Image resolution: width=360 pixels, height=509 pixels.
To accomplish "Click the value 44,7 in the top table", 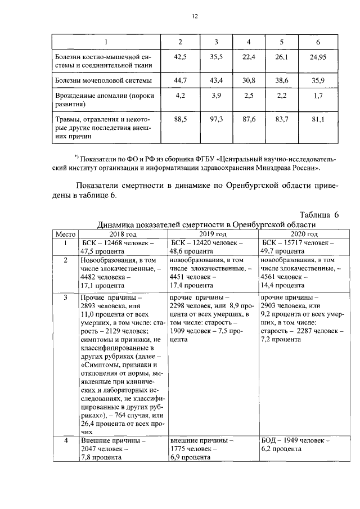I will coord(180,81).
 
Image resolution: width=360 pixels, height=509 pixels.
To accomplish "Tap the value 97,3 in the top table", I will coord(216,120).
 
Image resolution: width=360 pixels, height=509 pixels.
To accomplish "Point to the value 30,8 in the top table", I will coord(249,81).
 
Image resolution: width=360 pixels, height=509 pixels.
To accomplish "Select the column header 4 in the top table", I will coord(249,42).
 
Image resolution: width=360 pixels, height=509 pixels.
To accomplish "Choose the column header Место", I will coord(65,234).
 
